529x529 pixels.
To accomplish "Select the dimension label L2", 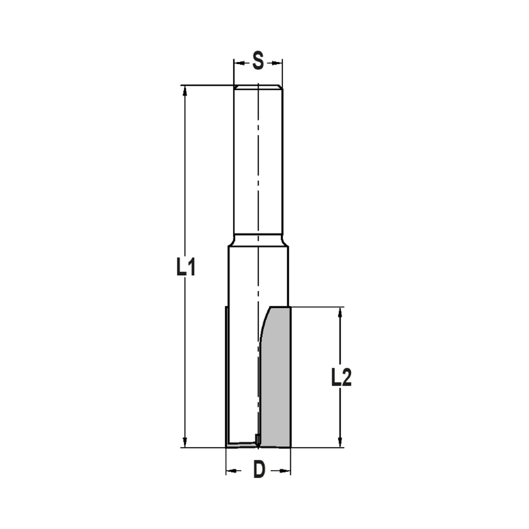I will pos(341,378).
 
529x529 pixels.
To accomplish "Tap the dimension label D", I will pos(258,470).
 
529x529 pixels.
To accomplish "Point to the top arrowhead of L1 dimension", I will pos(185,92).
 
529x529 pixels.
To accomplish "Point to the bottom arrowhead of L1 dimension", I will pos(185,442).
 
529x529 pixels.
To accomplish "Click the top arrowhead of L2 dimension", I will pos(340,313).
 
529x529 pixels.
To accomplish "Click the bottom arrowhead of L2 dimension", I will pos(340,442).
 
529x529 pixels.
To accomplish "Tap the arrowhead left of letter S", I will pos(239,63).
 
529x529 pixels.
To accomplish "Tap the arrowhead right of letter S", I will pos(278,63).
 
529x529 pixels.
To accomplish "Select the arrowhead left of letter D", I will pos(231,470).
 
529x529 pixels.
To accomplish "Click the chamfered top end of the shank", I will pos(258,87).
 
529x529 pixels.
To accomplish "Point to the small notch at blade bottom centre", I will pos(258,439).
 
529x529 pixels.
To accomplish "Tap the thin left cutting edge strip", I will pos(226,376).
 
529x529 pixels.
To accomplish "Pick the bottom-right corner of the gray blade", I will pos(289,446).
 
